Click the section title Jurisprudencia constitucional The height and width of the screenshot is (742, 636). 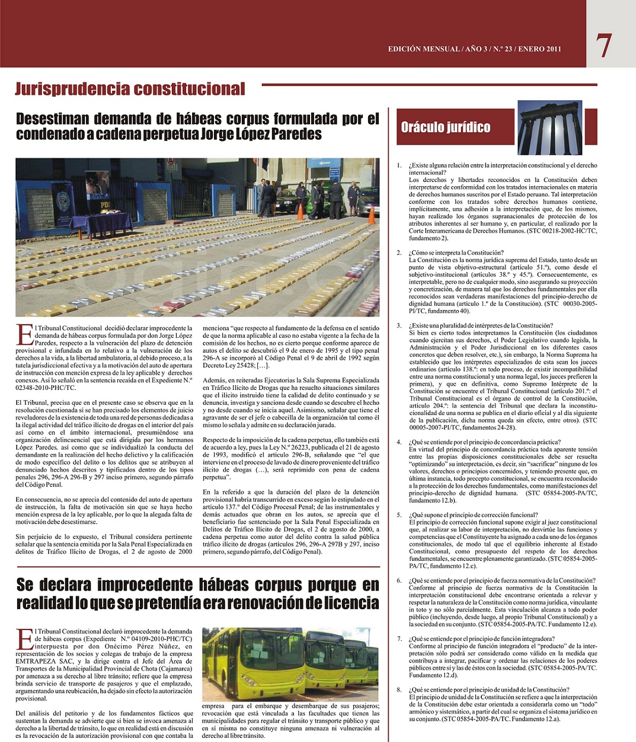130,89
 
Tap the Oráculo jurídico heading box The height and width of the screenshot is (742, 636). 446,127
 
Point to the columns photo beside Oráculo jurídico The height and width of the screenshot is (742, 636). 549,127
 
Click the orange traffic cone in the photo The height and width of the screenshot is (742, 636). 300,211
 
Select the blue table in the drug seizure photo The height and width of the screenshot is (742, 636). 108,223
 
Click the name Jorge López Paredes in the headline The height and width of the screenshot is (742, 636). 261,135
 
